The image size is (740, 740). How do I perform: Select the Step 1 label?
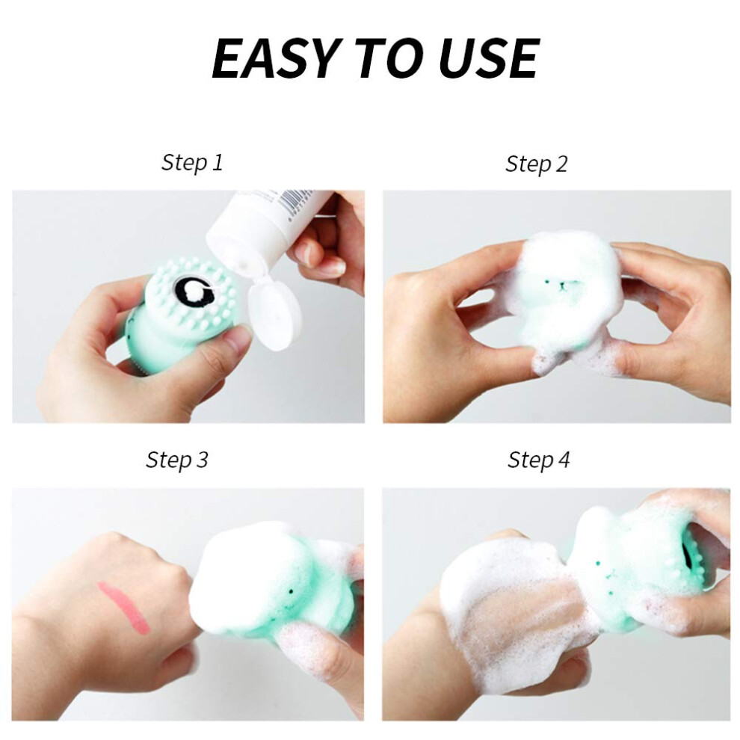pyautogui.click(x=192, y=163)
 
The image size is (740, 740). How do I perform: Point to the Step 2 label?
pyautogui.click(x=536, y=164)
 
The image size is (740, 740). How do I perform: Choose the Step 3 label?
pyautogui.click(x=177, y=460)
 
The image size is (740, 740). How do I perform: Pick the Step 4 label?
pyautogui.click(x=538, y=460)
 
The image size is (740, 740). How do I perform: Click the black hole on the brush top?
pyautogui.click(x=194, y=292)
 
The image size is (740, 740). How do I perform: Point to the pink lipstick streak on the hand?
pyautogui.click(x=123, y=606)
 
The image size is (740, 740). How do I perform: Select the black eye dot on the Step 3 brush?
pyautogui.click(x=291, y=591)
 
